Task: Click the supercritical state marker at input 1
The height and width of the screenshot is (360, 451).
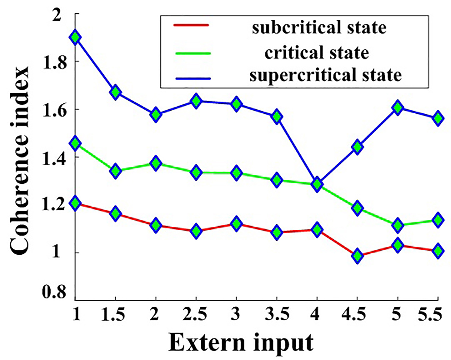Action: tap(76, 37)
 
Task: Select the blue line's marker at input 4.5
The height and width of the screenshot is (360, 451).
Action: tap(358, 147)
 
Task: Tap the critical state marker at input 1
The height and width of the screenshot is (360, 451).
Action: tap(76, 143)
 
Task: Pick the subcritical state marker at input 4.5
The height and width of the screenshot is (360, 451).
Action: tap(358, 256)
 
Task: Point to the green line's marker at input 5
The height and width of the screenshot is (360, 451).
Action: tap(398, 225)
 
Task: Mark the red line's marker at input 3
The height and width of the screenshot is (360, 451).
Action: tap(236, 223)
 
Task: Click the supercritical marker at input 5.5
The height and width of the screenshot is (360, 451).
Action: tap(438, 118)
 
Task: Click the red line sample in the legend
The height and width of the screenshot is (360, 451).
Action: tap(191, 25)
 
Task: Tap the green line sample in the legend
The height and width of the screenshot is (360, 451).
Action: tap(193, 53)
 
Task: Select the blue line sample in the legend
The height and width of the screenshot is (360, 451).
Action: tap(193, 79)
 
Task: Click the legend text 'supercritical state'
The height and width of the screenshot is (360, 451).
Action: tap(326, 75)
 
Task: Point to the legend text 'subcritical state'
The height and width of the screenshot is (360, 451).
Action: tap(319, 27)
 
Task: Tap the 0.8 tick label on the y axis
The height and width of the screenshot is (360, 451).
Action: tap(54, 292)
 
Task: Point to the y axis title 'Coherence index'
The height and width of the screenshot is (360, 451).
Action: tap(19, 160)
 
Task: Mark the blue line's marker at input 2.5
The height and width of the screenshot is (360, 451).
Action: tap(196, 101)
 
